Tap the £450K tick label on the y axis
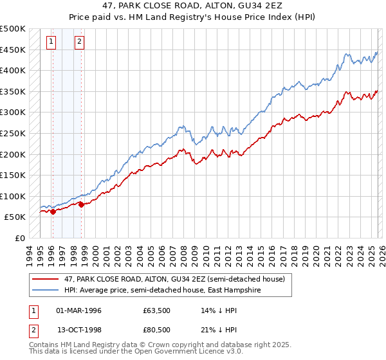coord(13,50)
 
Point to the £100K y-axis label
coord(13,196)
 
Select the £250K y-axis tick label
coord(13,133)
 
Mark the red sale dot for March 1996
coord(53,212)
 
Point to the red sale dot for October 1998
coord(82,204)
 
